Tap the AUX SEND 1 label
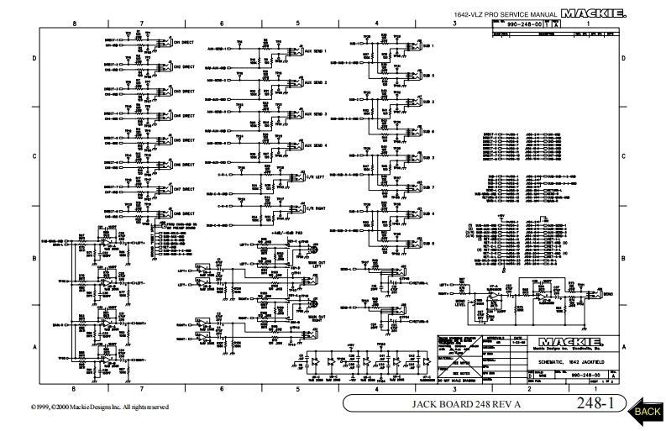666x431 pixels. (x=314, y=51)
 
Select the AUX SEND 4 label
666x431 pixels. (x=314, y=145)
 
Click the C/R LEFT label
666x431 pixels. (x=316, y=177)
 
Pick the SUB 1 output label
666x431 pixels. (x=428, y=45)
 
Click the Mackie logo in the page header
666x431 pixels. (x=589, y=13)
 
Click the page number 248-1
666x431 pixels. (x=595, y=406)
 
